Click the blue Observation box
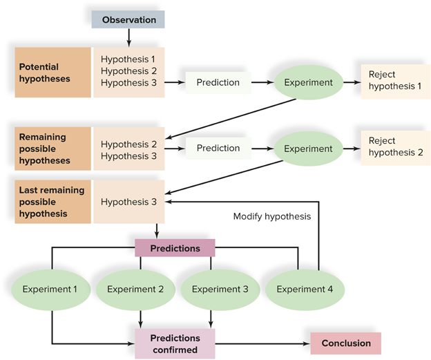coord(128,19)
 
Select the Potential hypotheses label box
coord(52,73)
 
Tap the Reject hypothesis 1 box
coord(396,82)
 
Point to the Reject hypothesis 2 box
coord(396,148)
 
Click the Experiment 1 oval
coord(51,290)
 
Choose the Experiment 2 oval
coord(135,290)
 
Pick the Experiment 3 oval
coord(220,290)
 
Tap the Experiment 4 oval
coord(305,290)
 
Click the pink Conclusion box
coord(346,343)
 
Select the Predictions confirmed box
coord(175,344)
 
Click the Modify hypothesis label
coord(272,216)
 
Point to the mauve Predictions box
coord(175,248)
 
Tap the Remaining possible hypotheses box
coord(52,149)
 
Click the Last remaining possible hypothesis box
coord(52,202)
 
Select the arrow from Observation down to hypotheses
coord(128,38)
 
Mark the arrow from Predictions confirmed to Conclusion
coord(262,343)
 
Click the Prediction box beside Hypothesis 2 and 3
coord(218,149)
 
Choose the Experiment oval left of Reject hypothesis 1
coord(309,82)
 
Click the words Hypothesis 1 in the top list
coord(128,59)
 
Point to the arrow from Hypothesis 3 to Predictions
coord(157,231)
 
